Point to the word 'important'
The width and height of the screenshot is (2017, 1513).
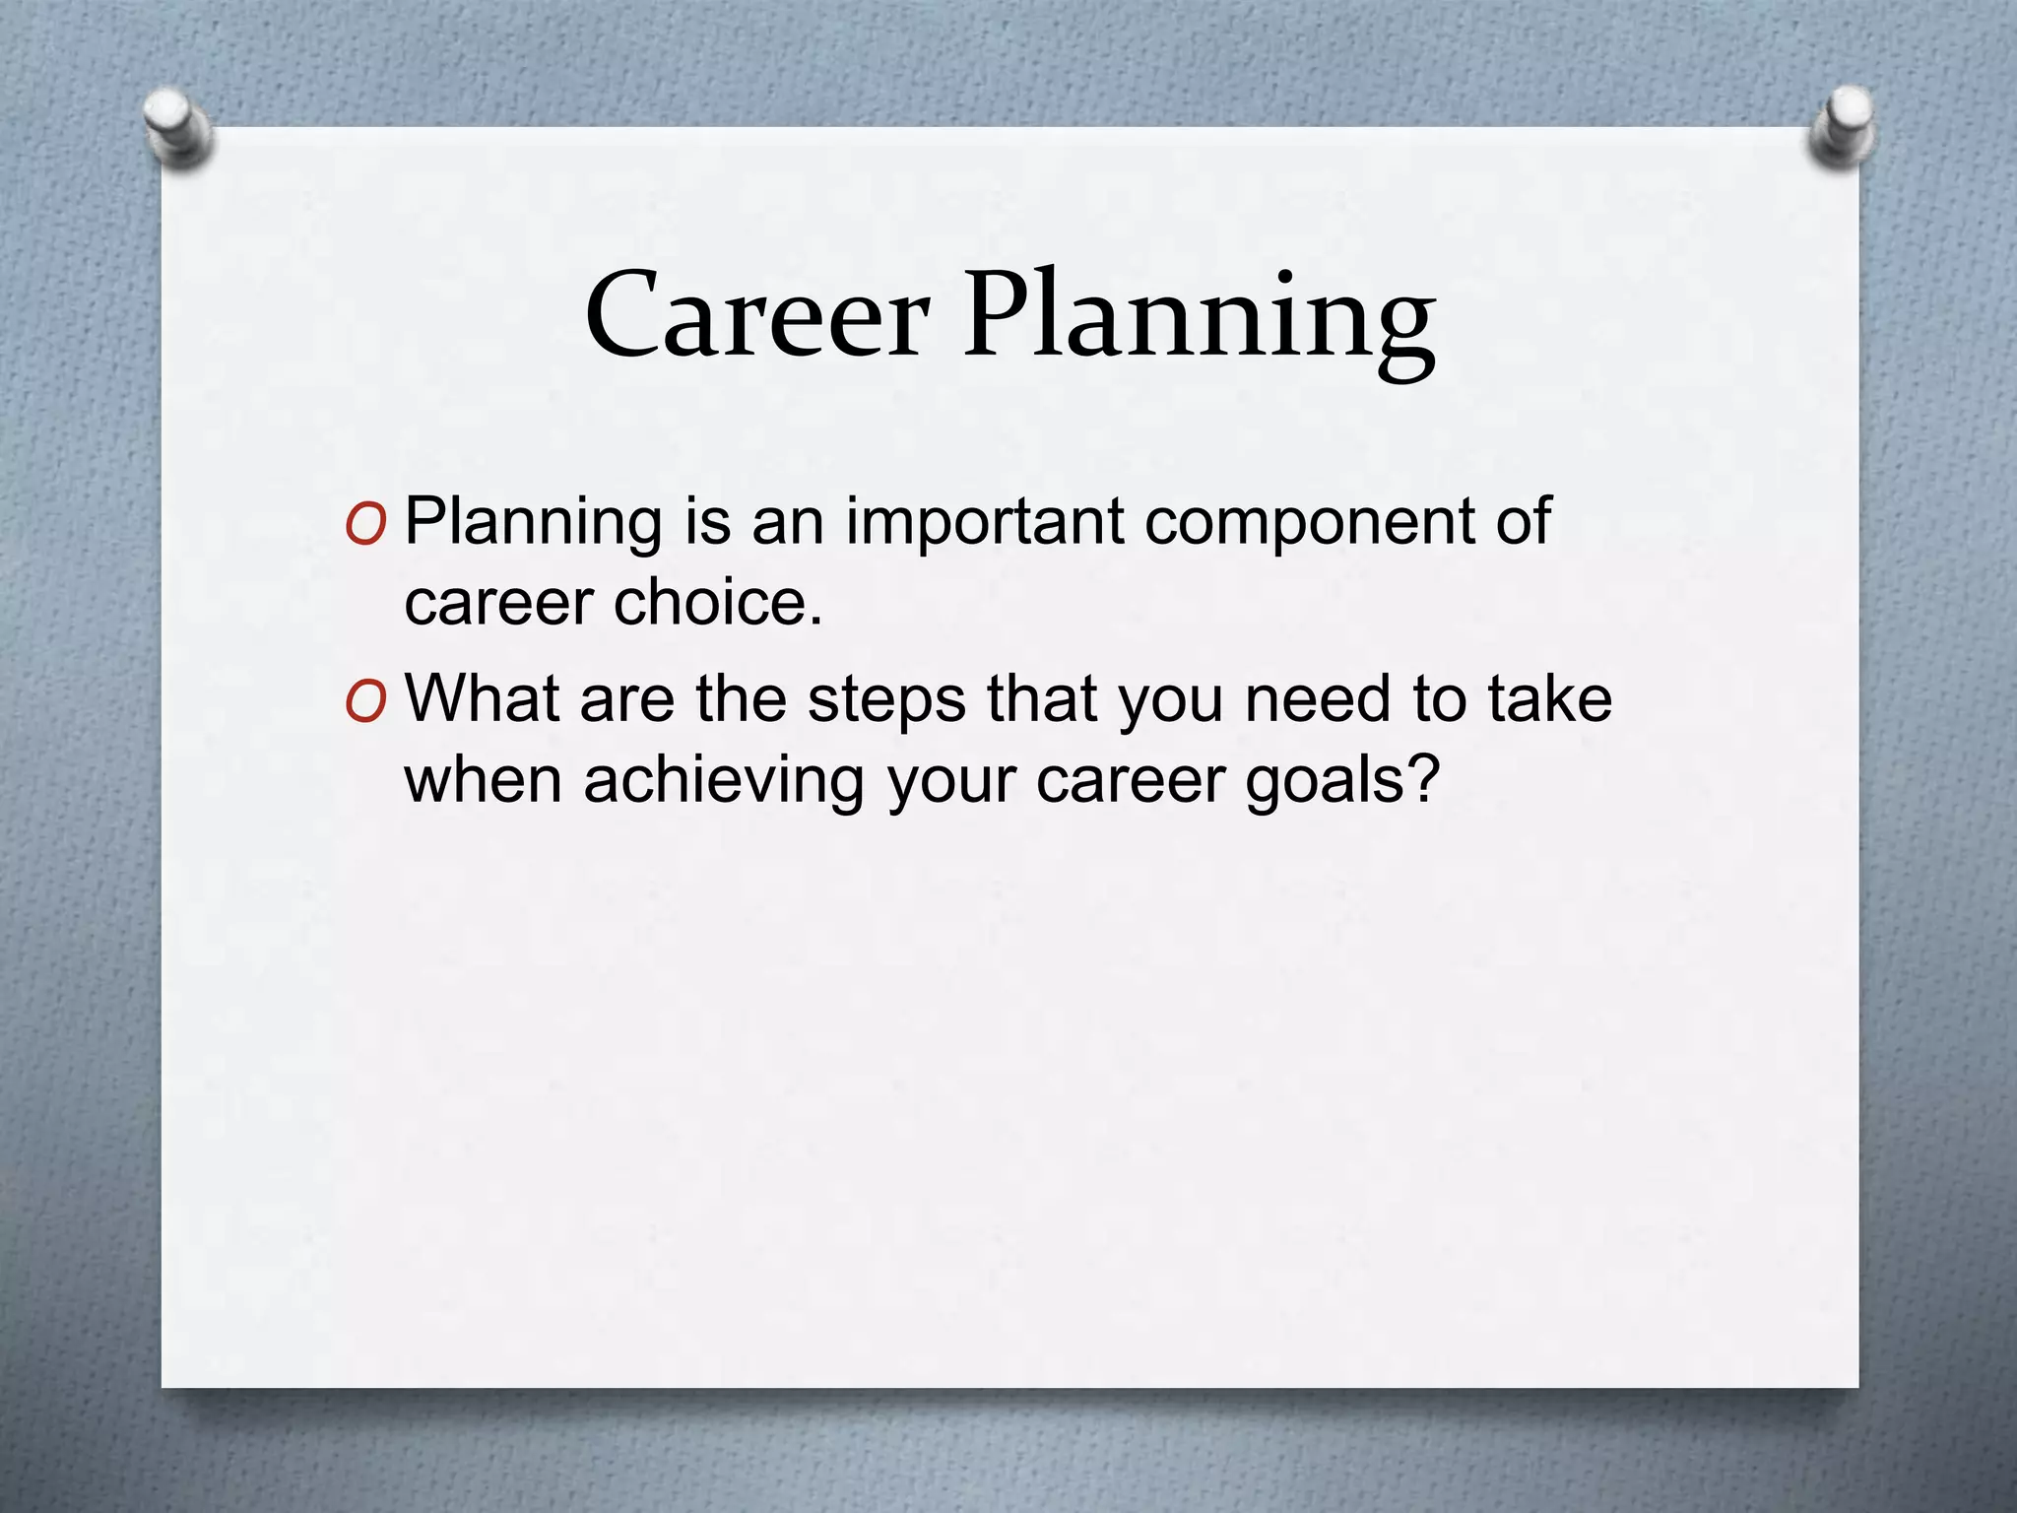coord(985,523)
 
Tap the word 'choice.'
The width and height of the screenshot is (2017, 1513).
coord(718,602)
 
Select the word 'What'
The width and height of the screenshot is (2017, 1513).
coord(483,698)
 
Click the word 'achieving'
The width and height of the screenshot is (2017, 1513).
coord(723,781)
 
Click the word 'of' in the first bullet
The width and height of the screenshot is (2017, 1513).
coord(1523,521)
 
